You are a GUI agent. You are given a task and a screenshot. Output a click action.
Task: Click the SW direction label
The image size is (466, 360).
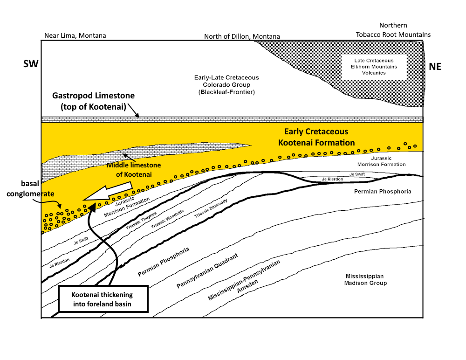(x=31, y=64)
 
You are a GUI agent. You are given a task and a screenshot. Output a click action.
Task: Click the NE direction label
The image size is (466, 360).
(x=435, y=67)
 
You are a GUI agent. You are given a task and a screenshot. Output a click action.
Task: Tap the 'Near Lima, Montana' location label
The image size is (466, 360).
(x=75, y=36)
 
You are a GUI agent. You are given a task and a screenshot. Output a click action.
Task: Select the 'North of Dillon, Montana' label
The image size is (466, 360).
(x=242, y=36)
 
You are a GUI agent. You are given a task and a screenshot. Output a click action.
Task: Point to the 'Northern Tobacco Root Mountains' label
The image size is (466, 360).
(x=393, y=30)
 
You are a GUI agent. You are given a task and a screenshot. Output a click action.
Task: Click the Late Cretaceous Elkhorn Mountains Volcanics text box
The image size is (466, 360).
(x=374, y=67)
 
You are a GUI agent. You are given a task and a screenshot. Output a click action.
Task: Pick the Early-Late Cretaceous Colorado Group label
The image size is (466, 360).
(x=226, y=85)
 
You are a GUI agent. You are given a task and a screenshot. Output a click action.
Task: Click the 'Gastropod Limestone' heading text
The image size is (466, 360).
(x=93, y=96)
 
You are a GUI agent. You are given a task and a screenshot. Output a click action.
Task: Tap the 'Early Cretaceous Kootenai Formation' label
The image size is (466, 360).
(x=316, y=137)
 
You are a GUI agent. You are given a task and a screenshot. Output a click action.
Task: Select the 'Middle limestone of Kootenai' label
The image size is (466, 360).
(x=134, y=170)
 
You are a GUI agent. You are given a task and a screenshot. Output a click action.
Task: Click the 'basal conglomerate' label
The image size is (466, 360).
(x=30, y=189)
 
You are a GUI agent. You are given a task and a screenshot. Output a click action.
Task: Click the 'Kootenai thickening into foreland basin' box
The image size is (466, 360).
(x=103, y=299)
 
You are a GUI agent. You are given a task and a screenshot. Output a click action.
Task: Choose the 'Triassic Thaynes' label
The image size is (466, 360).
(x=141, y=221)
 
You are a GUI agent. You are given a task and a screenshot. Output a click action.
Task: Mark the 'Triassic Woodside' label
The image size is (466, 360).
(x=167, y=219)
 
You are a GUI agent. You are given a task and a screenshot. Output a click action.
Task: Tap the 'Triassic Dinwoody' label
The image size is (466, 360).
(x=211, y=208)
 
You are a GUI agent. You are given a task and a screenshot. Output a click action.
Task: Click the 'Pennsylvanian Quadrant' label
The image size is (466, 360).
(x=207, y=271)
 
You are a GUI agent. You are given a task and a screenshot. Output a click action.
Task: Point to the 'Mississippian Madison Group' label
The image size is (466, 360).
(x=365, y=280)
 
